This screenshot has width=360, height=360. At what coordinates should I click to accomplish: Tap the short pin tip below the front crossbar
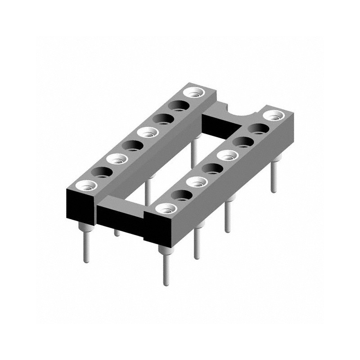tap(117, 232)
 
